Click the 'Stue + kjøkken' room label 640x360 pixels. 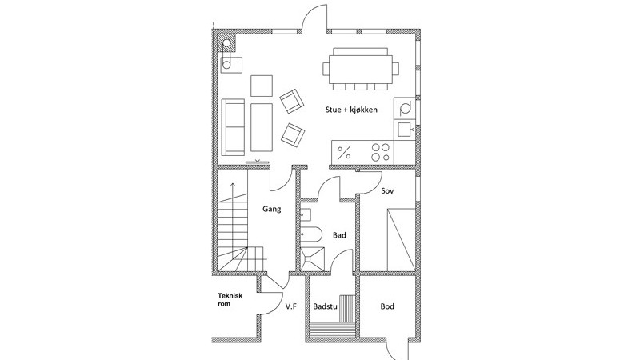[x=351, y=110]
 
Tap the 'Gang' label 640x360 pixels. [x=271, y=209]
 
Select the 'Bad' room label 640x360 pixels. [x=339, y=235]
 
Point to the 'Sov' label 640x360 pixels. [x=387, y=190]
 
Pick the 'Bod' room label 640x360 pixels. [x=387, y=306]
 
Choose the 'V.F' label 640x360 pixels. [x=290, y=306]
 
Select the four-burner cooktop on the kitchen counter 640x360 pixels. [x=380, y=152]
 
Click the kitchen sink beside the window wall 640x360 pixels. [x=405, y=130]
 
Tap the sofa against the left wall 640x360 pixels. [x=233, y=127]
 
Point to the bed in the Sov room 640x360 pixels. [x=402, y=239]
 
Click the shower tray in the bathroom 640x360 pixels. [x=313, y=258]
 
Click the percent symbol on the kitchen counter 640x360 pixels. [x=345, y=153]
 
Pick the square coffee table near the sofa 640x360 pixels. [x=262, y=86]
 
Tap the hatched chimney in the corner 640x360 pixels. [x=227, y=43]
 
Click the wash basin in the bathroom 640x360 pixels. [x=306, y=214]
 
